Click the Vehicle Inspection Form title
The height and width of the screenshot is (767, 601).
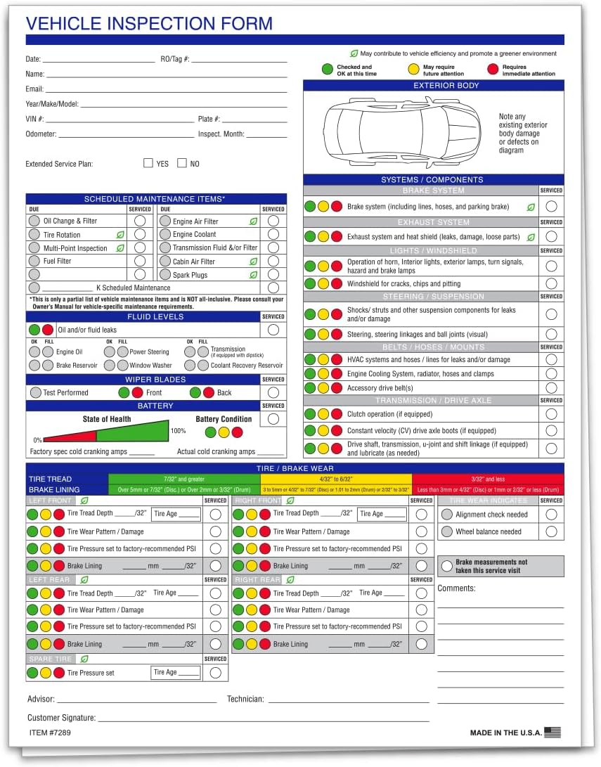point(149,23)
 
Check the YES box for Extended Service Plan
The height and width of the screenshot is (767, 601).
point(148,163)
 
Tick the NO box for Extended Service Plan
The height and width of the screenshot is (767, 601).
point(182,163)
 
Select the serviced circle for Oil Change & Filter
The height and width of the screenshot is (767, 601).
point(140,221)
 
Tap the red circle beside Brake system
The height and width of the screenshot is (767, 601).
point(337,207)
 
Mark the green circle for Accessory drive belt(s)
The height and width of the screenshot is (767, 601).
point(310,388)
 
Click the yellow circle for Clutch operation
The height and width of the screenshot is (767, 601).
point(323,415)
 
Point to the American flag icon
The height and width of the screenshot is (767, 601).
point(552,732)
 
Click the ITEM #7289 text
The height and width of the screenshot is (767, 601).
point(49,733)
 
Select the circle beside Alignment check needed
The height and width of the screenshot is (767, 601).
point(446,515)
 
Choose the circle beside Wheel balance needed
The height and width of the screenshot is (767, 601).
point(446,531)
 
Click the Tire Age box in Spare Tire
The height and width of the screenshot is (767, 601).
point(176,673)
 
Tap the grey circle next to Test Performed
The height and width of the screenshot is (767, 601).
point(35,392)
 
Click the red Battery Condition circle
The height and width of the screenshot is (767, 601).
point(237,432)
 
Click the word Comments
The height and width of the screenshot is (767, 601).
point(456,588)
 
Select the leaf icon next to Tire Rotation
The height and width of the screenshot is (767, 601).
point(120,235)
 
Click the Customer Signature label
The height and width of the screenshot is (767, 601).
point(61,718)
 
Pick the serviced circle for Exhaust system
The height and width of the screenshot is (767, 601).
point(552,237)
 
